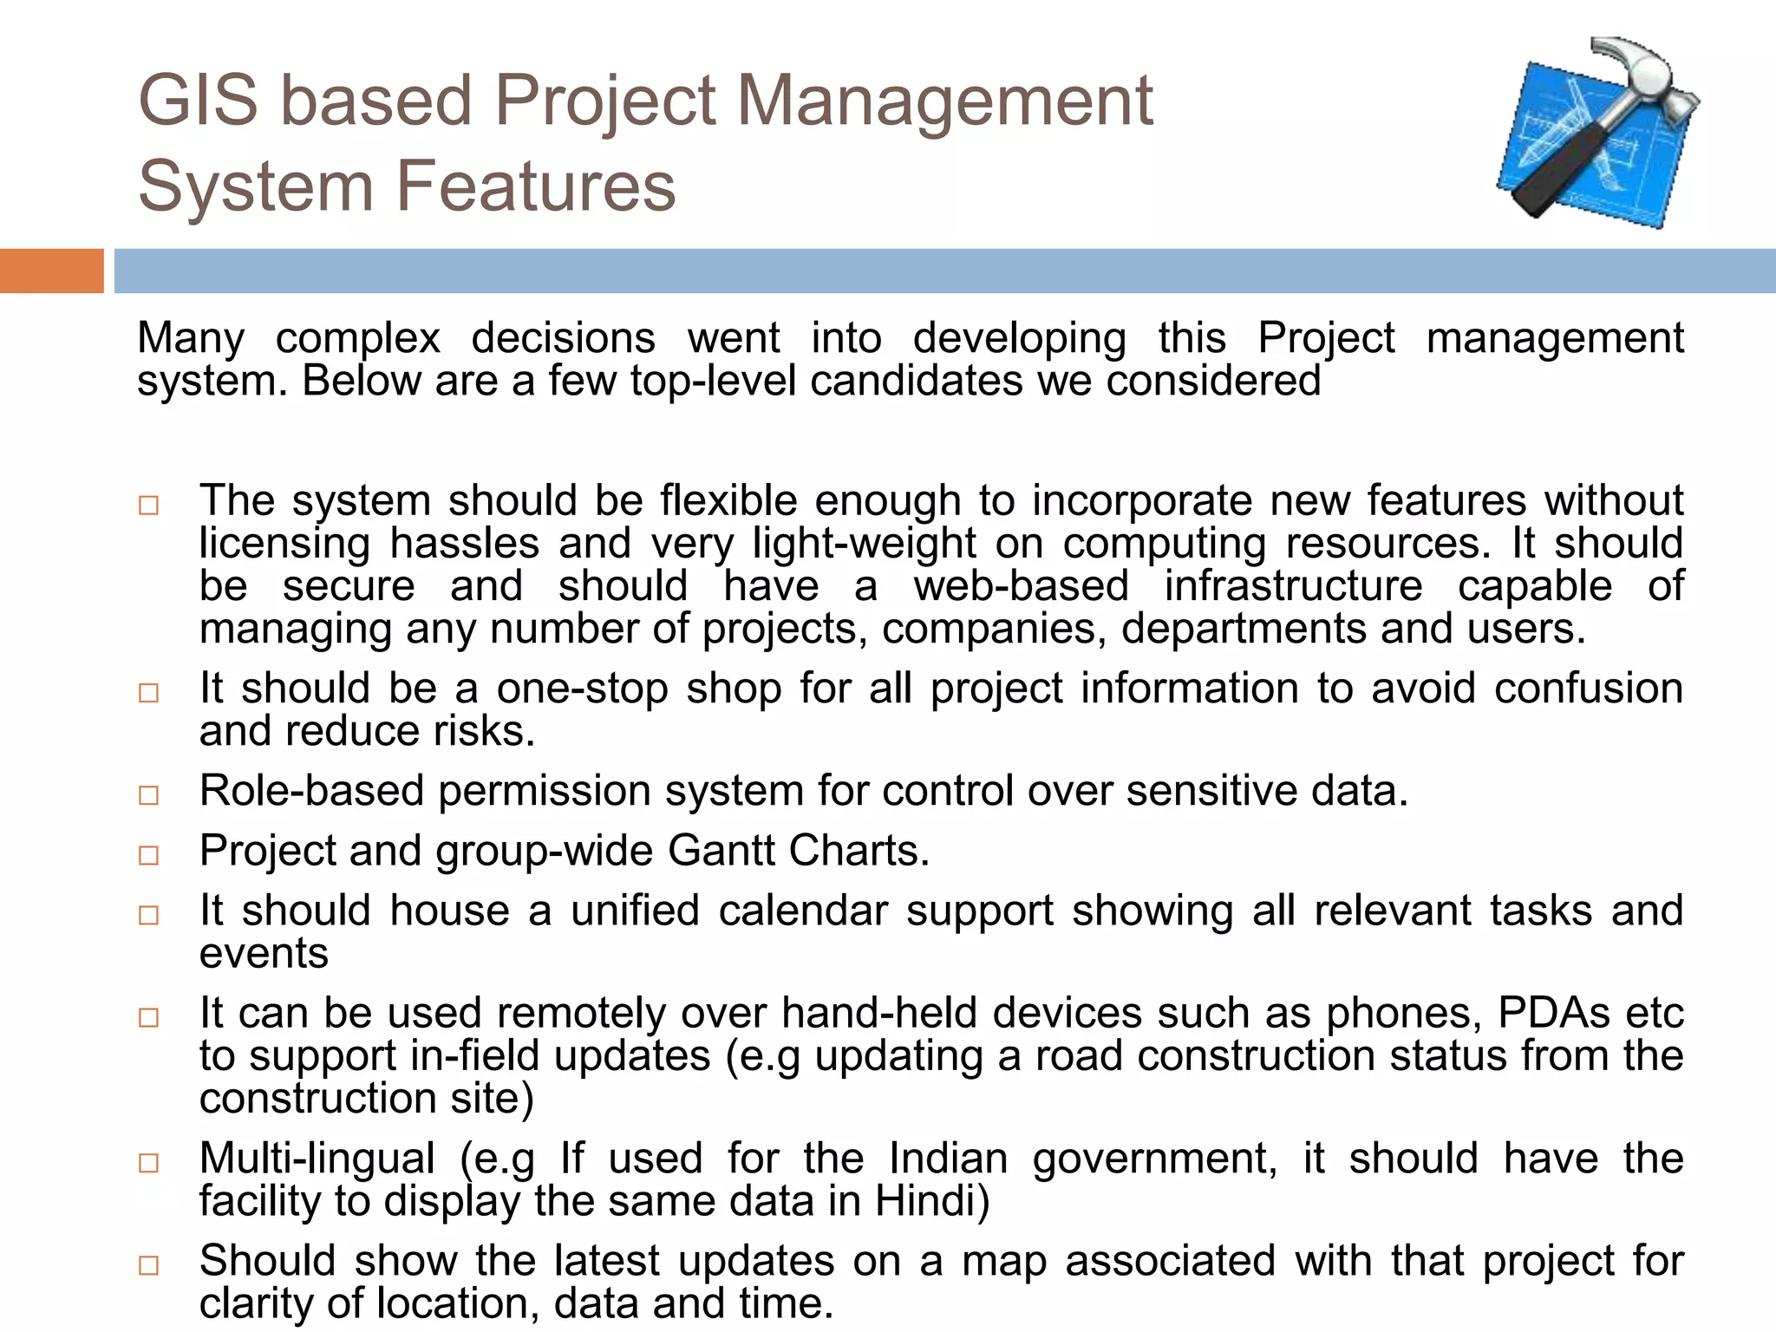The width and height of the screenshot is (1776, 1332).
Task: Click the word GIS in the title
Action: click(x=199, y=101)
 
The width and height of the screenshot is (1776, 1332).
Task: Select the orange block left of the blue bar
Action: click(x=51, y=271)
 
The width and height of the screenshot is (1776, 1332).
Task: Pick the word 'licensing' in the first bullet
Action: click(x=284, y=544)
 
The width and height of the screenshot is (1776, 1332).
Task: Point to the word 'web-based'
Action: click(x=1021, y=586)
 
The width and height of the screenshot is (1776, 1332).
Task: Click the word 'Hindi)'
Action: click(x=931, y=1201)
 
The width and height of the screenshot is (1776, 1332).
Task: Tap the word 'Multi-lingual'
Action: click(x=317, y=1159)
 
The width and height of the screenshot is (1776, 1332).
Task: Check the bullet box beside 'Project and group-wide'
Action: click(x=149, y=855)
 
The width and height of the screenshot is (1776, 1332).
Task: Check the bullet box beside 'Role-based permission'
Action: click(x=149, y=795)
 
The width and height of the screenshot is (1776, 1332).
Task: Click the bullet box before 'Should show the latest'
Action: click(x=149, y=1265)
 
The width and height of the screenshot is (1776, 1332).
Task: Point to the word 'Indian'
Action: click(x=948, y=1159)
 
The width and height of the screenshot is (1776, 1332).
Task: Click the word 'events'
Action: click(x=264, y=953)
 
